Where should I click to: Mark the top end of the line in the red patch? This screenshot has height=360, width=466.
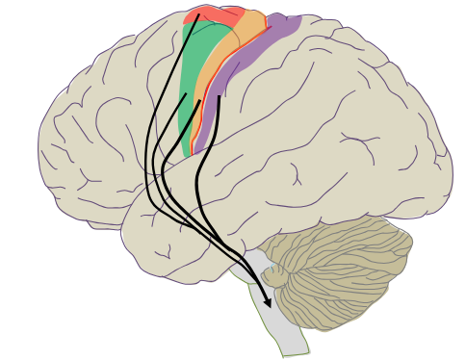pos(198,14)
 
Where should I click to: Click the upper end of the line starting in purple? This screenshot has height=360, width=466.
pos(220,96)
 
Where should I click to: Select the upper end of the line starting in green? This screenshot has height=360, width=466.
pos(185,93)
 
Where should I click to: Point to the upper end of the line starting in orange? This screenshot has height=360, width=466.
pos(200,100)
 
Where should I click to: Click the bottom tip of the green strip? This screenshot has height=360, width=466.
pos(186,156)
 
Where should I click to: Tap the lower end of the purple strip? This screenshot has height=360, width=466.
pos(195,152)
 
